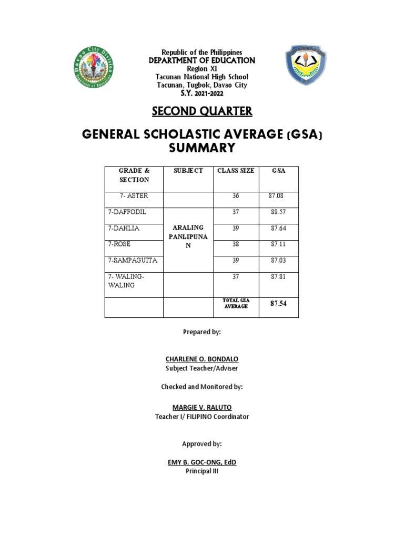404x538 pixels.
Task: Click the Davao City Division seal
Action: (x=94, y=67)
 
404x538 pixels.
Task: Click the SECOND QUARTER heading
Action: (x=202, y=111)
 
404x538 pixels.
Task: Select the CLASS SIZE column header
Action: (x=236, y=171)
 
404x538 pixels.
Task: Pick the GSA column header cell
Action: (x=278, y=171)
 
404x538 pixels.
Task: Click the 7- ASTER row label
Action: (x=134, y=196)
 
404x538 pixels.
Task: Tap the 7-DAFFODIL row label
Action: (x=127, y=212)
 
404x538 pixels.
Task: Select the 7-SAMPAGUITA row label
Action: (x=133, y=260)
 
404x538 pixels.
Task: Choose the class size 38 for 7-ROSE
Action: (x=236, y=244)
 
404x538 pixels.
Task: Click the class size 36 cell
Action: (x=236, y=196)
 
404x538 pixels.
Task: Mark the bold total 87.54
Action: (x=278, y=304)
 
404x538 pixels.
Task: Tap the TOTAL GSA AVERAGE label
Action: (x=236, y=303)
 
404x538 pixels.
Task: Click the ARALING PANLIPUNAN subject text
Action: (x=188, y=237)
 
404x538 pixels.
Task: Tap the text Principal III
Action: (x=202, y=471)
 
